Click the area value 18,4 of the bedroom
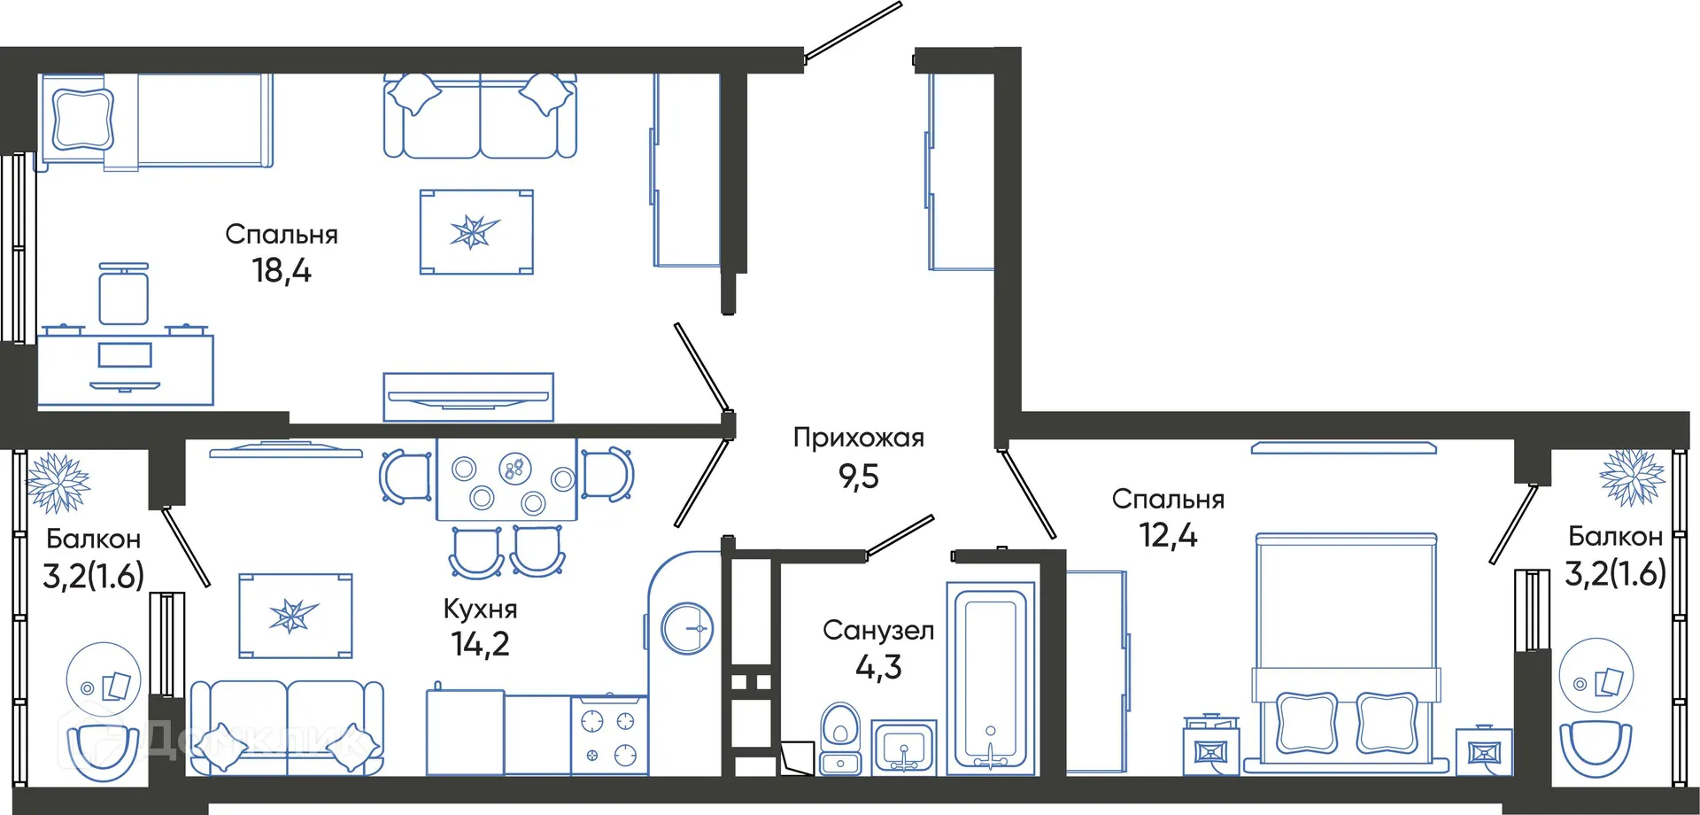[282, 271]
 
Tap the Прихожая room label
[858, 438]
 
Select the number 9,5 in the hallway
[858, 477]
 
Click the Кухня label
[480, 609]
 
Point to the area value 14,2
[480, 645]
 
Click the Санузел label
[878, 631]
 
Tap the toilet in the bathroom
[840, 738]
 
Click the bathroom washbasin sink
[904, 748]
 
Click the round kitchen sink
[687, 628]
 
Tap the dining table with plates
[506, 479]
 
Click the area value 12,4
[1168, 536]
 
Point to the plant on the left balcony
[58, 483]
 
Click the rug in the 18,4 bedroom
[476, 232]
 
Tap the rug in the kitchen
[295, 616]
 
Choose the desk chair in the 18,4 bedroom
[123, 295]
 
